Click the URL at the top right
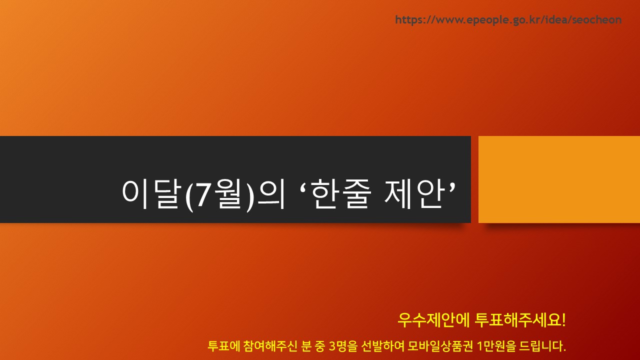(508, 20)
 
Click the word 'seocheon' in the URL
(597, 19)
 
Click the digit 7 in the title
(202, 194)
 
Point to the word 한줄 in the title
(341, 194)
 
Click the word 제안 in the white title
(413, 194)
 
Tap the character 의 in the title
(271, 194)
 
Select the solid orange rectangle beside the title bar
(559, 179)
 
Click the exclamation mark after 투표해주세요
(563, 320)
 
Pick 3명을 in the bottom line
(343, 346)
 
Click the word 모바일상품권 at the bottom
(440, 346)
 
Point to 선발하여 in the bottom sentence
(383, 346)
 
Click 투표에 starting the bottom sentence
(223, 346)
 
